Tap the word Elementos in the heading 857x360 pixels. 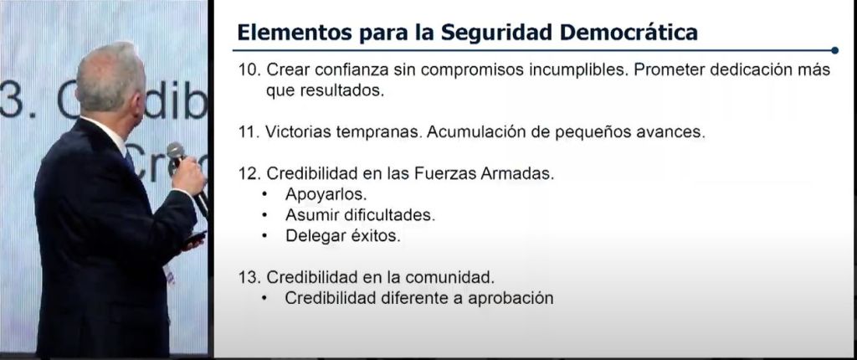coord(294,32)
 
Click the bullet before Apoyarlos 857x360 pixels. coord(265,194)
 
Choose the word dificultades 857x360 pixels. coord(390,215)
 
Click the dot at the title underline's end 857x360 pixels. coord(834,50)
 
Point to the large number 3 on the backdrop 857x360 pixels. coord(13,99)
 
